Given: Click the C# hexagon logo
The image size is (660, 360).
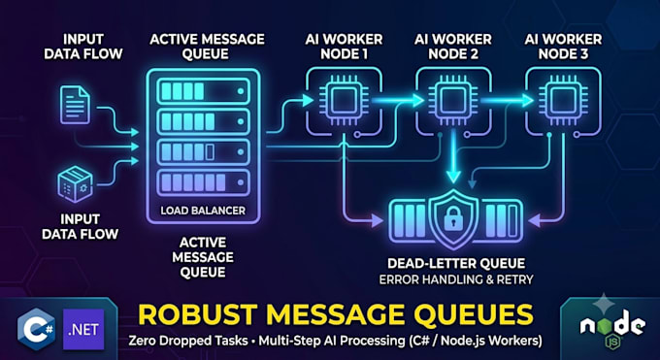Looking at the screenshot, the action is [36, 329].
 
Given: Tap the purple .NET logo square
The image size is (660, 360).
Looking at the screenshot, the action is [83, 329].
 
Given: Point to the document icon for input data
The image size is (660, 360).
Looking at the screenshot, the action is [75, 105].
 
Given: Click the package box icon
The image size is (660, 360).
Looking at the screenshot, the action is [75, 184].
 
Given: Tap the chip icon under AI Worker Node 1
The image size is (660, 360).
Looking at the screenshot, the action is [344, 101].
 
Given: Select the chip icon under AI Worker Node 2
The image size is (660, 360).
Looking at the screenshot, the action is [453, 101].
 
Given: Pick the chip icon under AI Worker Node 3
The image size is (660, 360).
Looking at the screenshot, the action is [563, 101].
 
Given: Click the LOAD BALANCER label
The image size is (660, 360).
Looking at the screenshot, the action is [203, 211].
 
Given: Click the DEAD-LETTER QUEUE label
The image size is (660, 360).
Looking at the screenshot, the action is [456, 264].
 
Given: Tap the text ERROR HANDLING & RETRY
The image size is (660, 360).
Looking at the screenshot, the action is [456, 279].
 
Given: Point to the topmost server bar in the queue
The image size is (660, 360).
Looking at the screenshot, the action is [203, 91].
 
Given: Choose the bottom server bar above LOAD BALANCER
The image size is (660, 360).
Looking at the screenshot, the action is [203, 182].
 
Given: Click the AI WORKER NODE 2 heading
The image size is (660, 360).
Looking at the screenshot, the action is [453, 47].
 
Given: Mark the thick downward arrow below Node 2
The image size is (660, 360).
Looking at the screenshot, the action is [453, 156].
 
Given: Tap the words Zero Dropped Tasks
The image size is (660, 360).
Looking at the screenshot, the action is [188, 341].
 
